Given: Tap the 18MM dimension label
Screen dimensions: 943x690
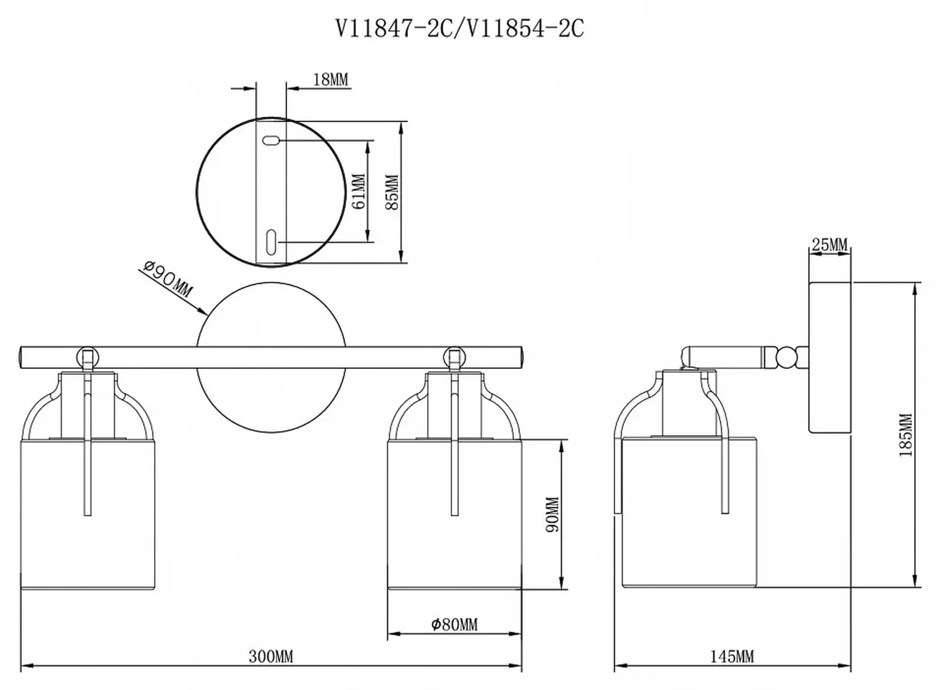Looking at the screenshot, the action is (331, 80).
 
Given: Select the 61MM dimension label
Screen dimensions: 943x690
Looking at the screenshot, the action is (359, 191).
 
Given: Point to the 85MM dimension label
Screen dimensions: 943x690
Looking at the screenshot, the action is (392, 192).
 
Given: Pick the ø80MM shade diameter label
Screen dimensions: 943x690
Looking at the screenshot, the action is (454, 624).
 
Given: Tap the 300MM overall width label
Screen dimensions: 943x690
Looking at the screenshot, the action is (271, 656).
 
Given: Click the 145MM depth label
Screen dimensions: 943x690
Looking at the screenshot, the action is (732, 656).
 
